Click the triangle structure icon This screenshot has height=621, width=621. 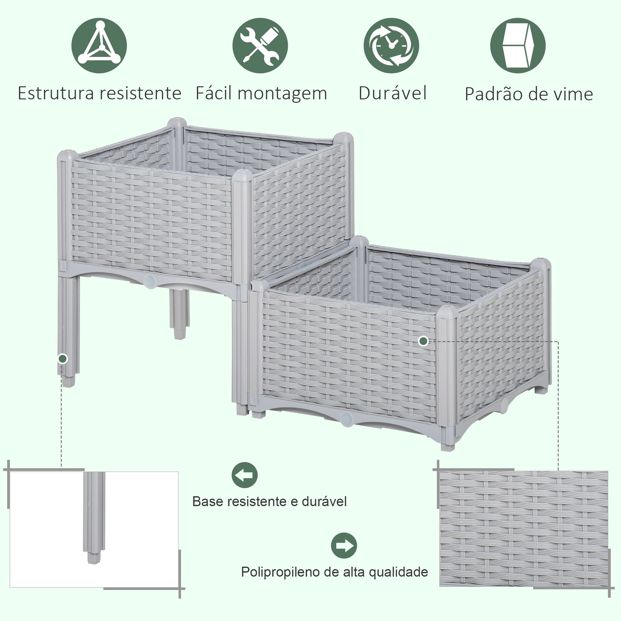pyautogui.click(x=99, y=45)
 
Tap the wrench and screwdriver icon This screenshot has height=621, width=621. pyautogui.click(x=260, y=45)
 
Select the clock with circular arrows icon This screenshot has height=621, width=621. pyautogui.click(x=391, y=45)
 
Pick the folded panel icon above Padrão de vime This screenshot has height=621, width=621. pyautogui.click(x=518, y=45)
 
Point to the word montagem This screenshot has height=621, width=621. pyautogui.click(x=282, y=94)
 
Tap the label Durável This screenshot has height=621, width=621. pyautogui.click(x=392, y=93)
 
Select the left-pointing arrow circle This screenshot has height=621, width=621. pyautogui.click(x=245, y=475)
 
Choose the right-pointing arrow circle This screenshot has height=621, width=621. pyautogui.click(x=344, y=546)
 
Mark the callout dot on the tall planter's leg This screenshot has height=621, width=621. pyautogui.click(x=63, y=358)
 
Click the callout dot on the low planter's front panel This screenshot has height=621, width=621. pyautogui.click(x=423, y=341)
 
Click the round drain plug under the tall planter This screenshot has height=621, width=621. pyautogui.click(x=149, y=281)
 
